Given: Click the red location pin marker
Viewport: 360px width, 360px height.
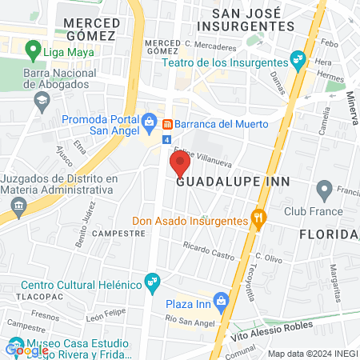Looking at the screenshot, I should (179, 164).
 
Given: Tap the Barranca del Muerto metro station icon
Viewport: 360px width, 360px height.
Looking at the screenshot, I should (168, 124).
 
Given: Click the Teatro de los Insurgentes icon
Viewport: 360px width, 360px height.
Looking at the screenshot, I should (298, 58).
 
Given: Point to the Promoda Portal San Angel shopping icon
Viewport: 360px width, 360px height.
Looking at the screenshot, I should (149, 121).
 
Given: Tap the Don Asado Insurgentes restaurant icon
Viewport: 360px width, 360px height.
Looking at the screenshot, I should (258, 216).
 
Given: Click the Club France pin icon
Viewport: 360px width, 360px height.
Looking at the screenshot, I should (324, 190).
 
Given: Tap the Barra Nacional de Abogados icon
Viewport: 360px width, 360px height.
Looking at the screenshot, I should (41, 101).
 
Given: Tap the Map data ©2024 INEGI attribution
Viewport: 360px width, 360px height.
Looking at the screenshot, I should (312, 354).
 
